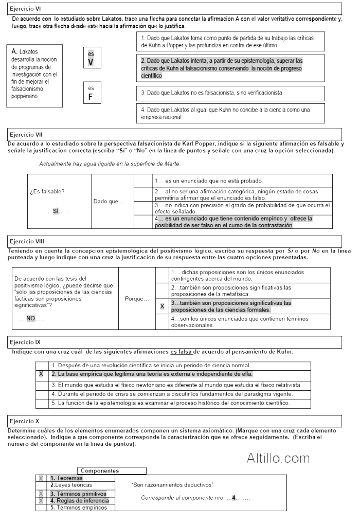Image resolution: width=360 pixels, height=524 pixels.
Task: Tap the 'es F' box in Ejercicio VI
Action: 91,93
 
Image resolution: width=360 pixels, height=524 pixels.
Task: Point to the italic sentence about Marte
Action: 110,164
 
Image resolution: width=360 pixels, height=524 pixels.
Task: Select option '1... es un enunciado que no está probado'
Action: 209,181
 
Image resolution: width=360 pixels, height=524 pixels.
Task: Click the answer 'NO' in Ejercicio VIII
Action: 31,319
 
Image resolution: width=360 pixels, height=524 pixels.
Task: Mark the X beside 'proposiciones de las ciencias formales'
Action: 162,306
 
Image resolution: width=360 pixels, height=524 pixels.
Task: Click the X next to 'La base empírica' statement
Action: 41,374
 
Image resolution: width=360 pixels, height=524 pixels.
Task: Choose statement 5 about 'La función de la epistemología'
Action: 170,403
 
